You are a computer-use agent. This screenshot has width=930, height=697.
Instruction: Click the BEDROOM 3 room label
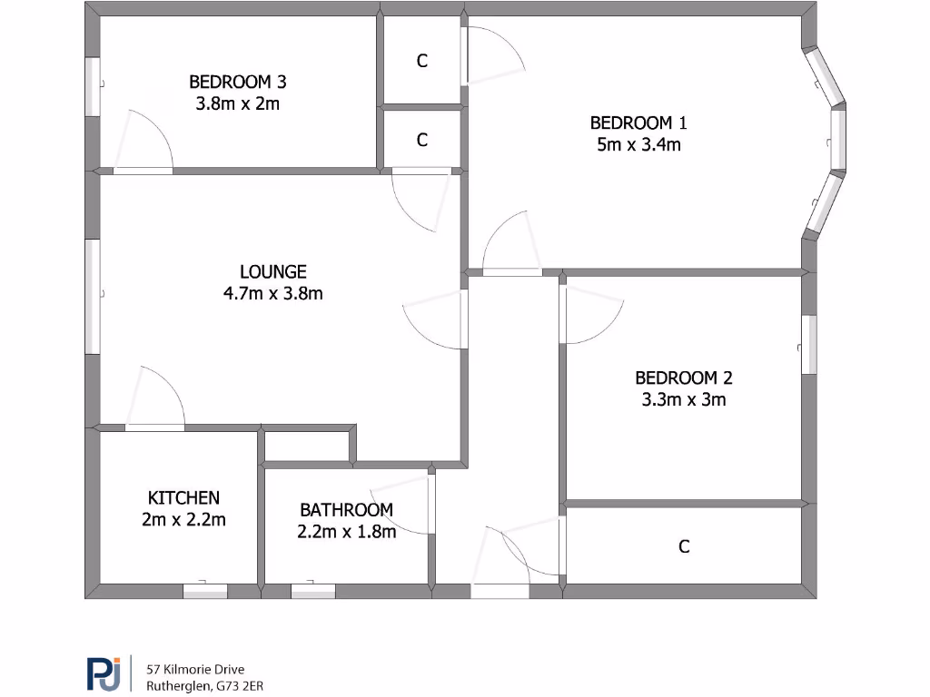237,82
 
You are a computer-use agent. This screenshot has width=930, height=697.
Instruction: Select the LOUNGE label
272,271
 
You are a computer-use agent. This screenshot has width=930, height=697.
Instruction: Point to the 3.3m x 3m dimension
683,399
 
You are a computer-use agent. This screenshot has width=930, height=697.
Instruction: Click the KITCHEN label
183,497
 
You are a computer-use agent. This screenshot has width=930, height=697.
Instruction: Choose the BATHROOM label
346,510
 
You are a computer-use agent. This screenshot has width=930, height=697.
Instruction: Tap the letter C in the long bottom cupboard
684,546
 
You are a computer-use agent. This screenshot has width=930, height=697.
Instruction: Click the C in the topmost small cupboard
421,61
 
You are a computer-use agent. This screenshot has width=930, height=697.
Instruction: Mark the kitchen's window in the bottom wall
205,592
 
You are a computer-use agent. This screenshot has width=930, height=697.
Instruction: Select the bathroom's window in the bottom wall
312,592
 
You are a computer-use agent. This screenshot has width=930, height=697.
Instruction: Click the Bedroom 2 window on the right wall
808,345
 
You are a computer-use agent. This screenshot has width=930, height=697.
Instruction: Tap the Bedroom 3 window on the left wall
92,87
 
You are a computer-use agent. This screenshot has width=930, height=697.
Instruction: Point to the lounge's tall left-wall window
92,297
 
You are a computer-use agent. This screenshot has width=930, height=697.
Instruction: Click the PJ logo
104,673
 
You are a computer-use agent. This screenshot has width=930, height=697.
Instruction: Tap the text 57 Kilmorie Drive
195,669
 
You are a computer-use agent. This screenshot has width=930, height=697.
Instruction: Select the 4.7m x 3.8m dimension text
272,293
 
